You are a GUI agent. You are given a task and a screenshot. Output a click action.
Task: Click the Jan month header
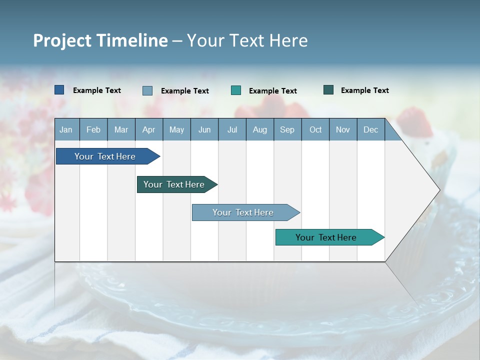tap(66, 130)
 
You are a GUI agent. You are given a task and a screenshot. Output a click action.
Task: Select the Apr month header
tap(148, 130)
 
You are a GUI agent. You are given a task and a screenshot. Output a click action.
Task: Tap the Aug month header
tap(259, 130)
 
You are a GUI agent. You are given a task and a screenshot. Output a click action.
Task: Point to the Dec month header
tap(370, 130)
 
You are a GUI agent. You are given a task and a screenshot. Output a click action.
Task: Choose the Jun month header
tap(204, 130)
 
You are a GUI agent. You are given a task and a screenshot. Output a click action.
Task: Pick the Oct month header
tap(315, 130)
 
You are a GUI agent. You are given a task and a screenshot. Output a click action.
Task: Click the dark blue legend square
tap(59, 90)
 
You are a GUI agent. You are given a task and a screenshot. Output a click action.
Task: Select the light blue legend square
tap(147, 90)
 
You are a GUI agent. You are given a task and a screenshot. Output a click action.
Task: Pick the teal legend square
tap(236, 90)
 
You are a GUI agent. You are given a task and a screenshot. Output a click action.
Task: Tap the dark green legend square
tap(328, 90)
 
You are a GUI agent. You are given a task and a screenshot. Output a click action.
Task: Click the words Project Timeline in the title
tap(100, 40)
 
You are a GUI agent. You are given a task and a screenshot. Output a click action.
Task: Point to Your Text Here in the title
tap(247, 40)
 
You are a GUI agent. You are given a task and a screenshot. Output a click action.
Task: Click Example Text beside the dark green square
tap(364, 90)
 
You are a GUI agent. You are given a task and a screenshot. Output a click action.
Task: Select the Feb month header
tap(93, 130)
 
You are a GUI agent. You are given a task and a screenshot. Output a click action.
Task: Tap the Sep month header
tap(287, 130)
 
